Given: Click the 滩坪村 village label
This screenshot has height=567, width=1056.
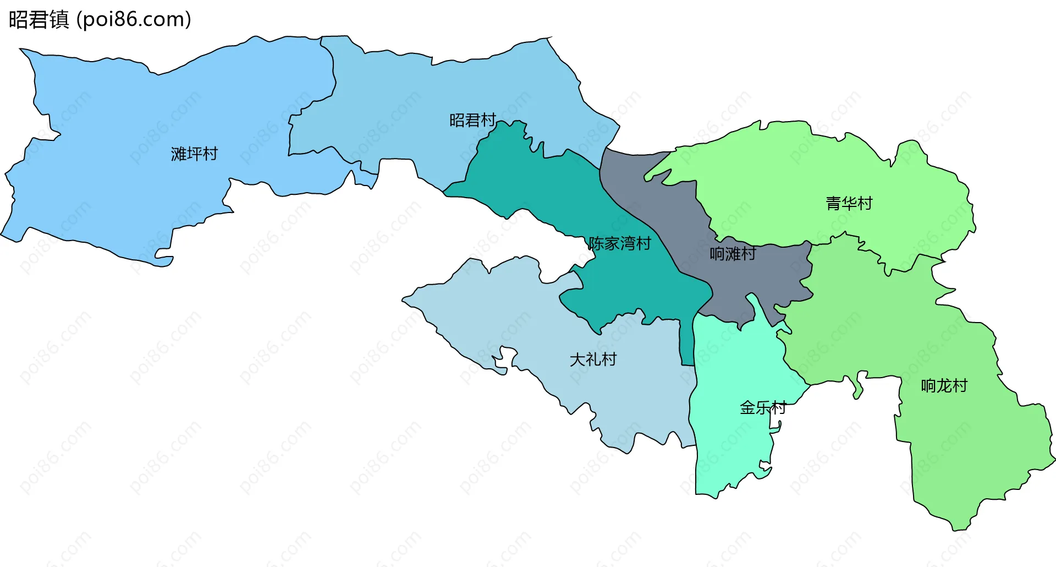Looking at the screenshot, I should coord(194,154).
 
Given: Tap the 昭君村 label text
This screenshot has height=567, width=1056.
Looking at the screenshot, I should coord(472,120).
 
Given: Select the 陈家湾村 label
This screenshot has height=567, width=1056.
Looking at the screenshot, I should coord(620,243).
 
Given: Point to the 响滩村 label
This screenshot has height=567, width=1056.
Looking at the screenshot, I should coord(733,254).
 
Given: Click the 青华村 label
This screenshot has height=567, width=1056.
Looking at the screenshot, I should coord(849,203).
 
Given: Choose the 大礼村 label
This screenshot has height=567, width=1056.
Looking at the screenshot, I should coord(593,359).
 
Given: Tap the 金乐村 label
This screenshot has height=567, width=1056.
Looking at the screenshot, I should coord(763,408).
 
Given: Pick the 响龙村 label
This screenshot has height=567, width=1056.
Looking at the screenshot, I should coord(944,385).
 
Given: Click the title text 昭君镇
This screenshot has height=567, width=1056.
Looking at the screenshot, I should coord(38,19).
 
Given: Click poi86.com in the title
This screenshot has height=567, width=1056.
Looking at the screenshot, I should coord(134,19).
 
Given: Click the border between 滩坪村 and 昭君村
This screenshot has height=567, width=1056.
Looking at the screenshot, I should coord(333,83).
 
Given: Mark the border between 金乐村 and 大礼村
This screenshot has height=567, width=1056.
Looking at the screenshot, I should coord(691,402).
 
